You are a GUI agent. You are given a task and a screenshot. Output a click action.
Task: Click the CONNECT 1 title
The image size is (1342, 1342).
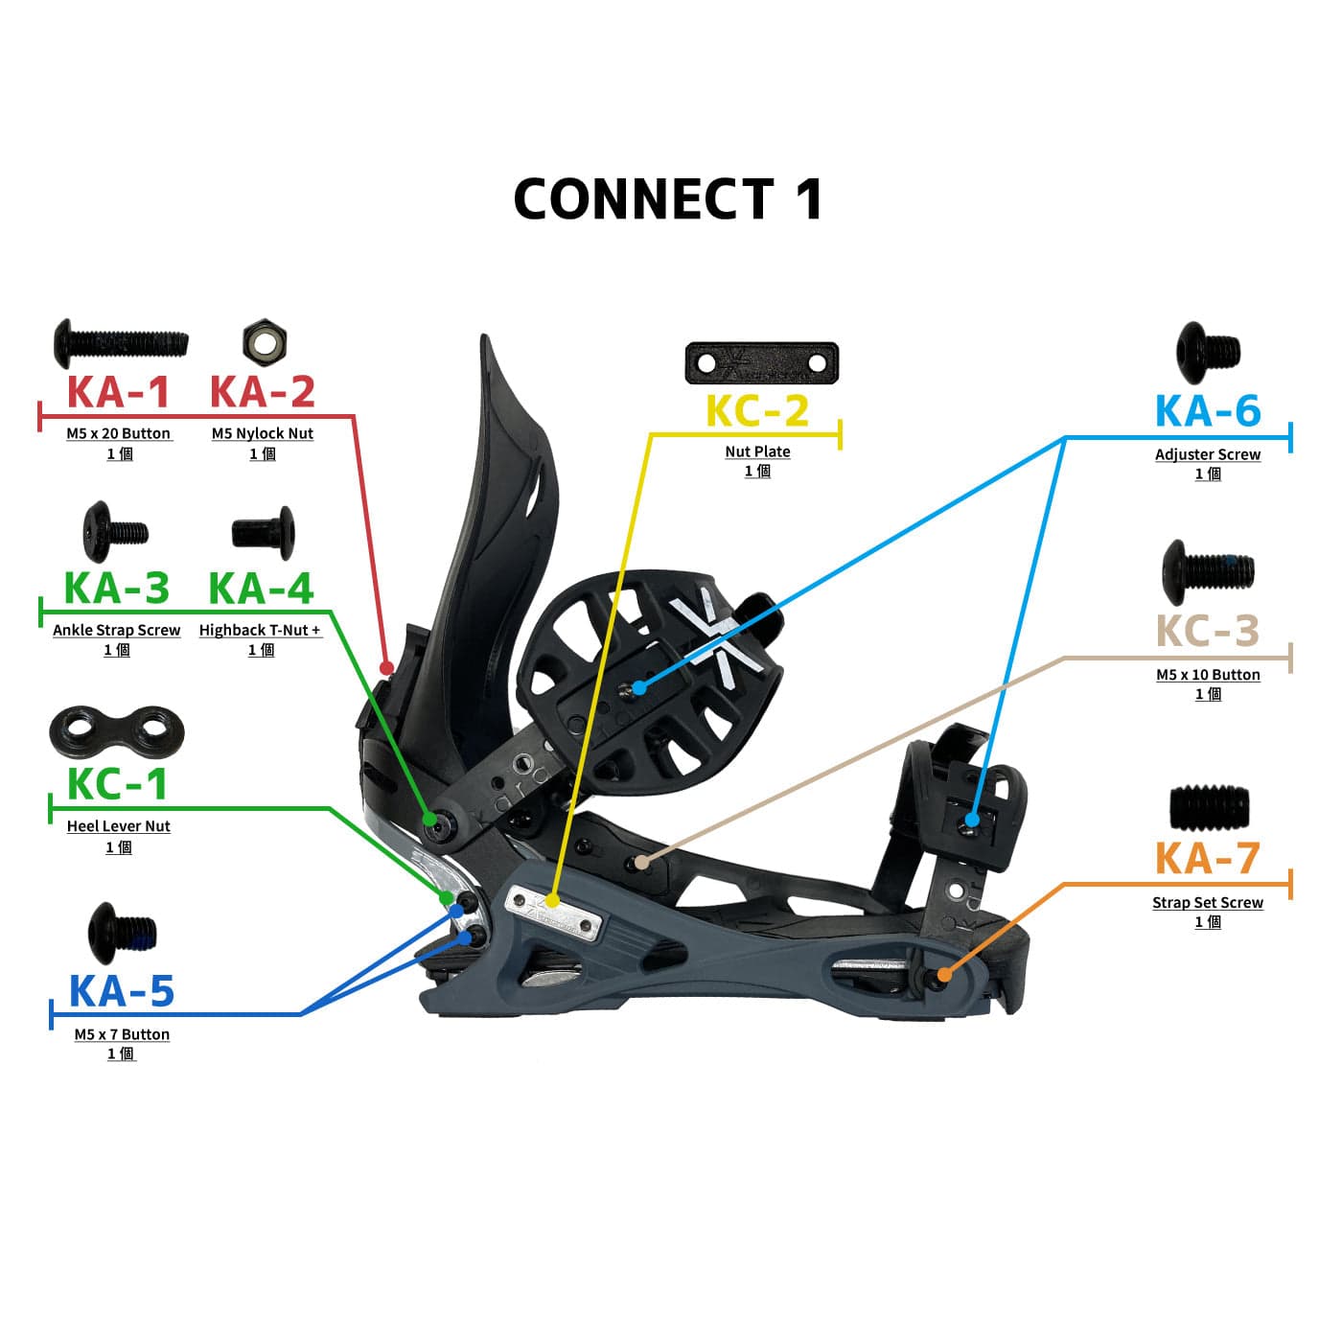[667, 199]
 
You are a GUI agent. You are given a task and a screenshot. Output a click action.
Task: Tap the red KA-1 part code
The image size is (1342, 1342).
[119, 391]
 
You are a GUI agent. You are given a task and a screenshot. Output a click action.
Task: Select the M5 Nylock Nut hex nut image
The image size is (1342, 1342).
[265, 342]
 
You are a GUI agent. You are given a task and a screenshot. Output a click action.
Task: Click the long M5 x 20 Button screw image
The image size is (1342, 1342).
[121, 343]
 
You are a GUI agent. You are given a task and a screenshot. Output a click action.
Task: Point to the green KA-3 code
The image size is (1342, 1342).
[116, 588]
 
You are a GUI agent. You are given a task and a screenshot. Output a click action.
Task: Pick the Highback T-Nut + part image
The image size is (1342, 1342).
[264, 534]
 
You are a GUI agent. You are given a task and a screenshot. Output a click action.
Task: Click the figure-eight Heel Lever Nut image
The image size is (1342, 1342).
[117, 732]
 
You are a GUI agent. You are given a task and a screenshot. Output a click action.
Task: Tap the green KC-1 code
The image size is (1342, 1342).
[117, 784]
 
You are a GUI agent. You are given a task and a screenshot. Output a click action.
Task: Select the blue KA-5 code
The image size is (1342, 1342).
[122, 991]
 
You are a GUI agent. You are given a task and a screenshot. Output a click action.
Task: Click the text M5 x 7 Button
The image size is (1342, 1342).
[122, 1034]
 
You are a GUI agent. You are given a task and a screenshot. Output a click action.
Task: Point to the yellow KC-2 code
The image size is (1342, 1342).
[757, 411]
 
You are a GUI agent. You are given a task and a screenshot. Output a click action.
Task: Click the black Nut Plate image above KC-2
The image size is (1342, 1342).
[762, 363]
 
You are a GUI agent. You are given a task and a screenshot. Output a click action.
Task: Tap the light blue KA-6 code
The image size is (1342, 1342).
[1208, 411]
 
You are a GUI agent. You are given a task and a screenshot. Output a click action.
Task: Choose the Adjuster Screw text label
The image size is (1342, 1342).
[1208, 454]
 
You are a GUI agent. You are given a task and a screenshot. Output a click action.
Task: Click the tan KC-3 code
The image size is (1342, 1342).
[1208, 631]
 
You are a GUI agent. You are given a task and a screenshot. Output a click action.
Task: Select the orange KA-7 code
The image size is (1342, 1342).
[1208, 858]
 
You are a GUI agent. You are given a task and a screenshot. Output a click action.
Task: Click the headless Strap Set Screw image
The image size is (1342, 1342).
[1209, 808]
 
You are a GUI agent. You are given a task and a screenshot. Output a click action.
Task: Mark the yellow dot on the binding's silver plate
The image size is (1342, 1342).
[551, 901]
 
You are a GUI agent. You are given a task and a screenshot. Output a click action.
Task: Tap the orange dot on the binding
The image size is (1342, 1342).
[943, 975]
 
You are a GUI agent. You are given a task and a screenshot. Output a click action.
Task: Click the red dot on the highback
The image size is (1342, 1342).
[386, 668]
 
